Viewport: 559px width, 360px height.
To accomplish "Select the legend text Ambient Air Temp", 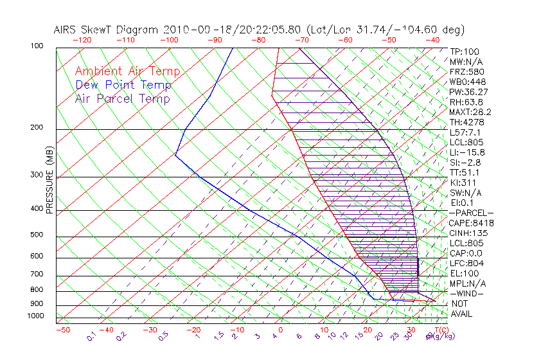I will (x=128, y=71).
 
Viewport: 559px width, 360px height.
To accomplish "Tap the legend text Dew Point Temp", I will (x=123, y=85).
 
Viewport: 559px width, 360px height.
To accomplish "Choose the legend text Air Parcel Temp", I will (x=123, y=98).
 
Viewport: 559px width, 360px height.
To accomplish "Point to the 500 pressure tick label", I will (x=36, y=235).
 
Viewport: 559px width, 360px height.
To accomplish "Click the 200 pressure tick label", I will (x=36, y=127).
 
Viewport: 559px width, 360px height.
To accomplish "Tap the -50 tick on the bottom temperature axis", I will (x=62, y=330).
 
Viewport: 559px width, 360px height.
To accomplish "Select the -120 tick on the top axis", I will (x=81, y=39).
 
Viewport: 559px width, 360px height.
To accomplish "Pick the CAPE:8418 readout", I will (x=471, y=223).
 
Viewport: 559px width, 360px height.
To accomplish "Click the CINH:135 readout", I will (x=468, y=233).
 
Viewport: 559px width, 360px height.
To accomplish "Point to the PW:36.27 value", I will (x=468, y=92).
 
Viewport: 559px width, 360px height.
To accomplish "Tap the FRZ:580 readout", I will (x=466, y=71).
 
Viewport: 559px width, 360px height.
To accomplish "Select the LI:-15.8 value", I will (x=468, y=152).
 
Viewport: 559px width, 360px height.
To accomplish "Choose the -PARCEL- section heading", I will (x=471, y=213).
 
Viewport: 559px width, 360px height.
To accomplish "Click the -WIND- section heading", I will (x=467, y=293).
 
